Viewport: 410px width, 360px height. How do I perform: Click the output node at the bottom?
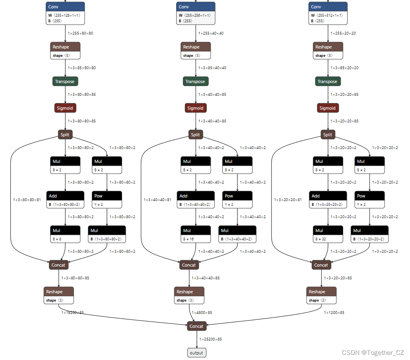pyautogui.click(x=196, y=352)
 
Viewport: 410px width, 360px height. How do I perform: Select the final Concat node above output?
pyautogui.click(x=196, y=326)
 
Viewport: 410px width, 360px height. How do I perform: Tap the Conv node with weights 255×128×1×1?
pyautogui.click(x=65, y=13)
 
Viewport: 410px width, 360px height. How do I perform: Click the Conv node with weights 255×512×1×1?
pyautogui.click(x=328, y=13)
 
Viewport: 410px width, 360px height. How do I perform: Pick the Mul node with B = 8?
pyautogui.click(x=65, y=234)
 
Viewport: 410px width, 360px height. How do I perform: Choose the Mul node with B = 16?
pyautogui.click(x=196, y=234)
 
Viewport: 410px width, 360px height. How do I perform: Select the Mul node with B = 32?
pyautogui.click(x=328, y=234)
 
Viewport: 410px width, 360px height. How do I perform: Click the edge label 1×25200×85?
pyautogui.click(x=210, y=339)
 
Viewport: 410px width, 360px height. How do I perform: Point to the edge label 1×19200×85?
pyautogui.click(x=72, y=313)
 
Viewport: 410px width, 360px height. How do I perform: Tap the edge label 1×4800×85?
pyautogui.click(x=202, y=313)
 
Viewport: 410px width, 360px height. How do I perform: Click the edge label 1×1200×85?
pyautogui.click(x=334, y=313)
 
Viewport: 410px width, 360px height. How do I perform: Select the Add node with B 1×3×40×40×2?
pyautogui.click(x=195, y=200)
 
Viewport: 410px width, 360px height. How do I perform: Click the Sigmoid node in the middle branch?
pyautogui.click(x=195, y=108)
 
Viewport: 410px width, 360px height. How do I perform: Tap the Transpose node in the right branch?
pyautogui.click(x=327, y=81)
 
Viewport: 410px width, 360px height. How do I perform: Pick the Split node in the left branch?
pyautogui.click(x=65, y=135)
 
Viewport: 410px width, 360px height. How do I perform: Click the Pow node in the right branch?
pyautogui.click(x=369, y=200)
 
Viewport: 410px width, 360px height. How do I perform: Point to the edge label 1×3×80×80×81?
pyautogui.click(x=27, y=200)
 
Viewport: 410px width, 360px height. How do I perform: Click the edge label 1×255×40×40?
pyautogui.click(x=211, y=33)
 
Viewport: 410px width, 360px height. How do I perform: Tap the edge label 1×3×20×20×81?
pyautogui.click(x=288, y=200)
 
